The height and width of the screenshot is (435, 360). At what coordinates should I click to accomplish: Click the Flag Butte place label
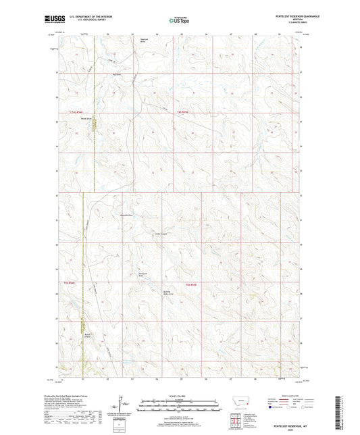(x=116, y=74)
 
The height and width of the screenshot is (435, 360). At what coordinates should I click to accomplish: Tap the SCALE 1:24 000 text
(x=179, y=396)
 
